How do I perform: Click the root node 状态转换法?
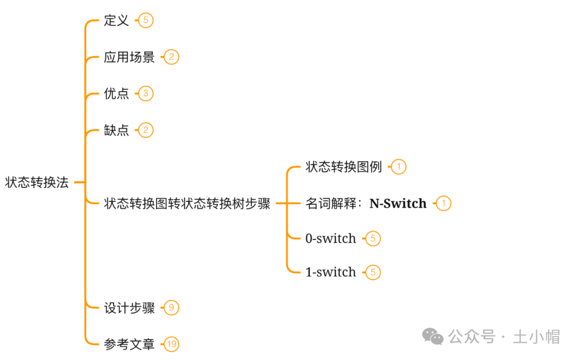coord(37,183)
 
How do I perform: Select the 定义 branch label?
coord(116,21)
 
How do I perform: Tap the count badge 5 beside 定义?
coord(145,21)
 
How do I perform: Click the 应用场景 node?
coord(129,57)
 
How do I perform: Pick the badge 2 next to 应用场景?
coord(171,57)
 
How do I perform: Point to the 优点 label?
coord(116,94)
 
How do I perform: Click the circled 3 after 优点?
coord(145,94)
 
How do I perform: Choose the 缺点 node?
coord(116,130)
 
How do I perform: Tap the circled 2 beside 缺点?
coord(145,130)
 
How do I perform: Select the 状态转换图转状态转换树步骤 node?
coord(187,204)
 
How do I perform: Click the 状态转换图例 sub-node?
coord(344,167)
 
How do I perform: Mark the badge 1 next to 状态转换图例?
coord(398,167)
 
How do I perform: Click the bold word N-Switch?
coord(398,204)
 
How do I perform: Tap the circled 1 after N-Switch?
coord(443,204)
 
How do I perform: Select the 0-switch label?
coord(331,238)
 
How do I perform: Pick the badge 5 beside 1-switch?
coord(373,272)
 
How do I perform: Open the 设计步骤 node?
coord(129,308)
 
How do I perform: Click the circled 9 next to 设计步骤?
coord(171,308)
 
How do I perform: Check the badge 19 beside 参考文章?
coord(171,344)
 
